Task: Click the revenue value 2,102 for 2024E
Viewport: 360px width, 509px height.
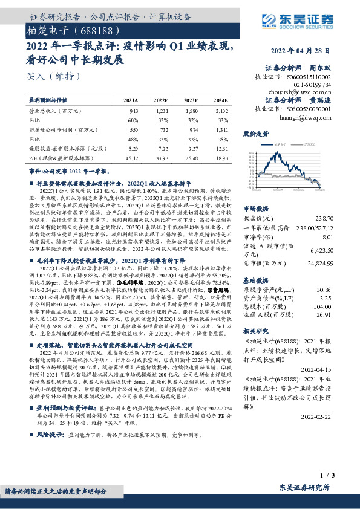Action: click(x=221, y=111)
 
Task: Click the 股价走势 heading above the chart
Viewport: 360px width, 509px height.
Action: click(x=255, y=133)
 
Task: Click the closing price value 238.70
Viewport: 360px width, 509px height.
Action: click(x=324, y=218)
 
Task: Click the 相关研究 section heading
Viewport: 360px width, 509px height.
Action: click(x=255, y=332)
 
